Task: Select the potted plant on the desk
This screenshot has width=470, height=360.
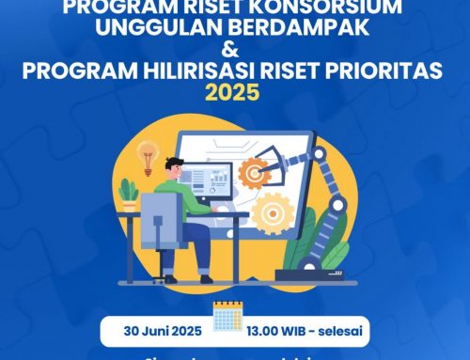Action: (x=129, y=196)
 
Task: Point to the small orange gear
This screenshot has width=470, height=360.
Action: (x=254, y=173)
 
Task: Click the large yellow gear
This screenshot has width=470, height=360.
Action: (x=274, y=212)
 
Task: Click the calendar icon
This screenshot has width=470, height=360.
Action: (x=228, y=318)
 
